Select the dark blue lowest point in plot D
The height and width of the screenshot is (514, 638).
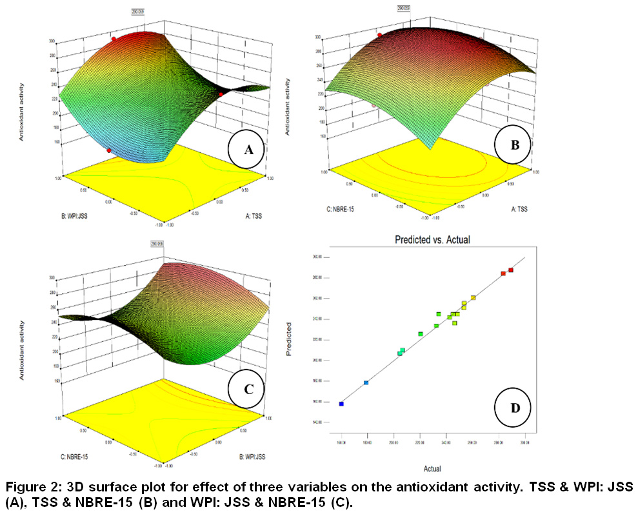pos(341,404)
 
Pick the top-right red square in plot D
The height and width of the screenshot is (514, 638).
pos(511,270)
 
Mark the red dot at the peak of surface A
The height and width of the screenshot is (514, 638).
pos(114,39)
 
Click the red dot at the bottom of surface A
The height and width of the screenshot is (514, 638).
pos(109,151)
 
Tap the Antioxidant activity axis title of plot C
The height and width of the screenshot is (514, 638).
pos(22,349)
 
